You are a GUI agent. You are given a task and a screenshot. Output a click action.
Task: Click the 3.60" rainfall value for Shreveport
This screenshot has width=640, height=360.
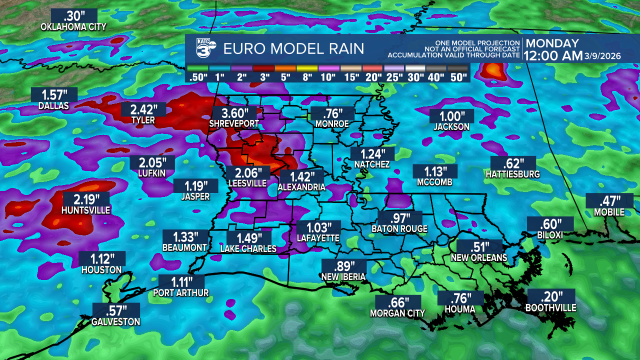pos(235,113)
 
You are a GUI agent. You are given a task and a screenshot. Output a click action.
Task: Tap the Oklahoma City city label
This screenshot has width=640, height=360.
pos(73,26)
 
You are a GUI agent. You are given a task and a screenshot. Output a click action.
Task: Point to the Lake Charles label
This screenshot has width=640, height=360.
pos(248,248)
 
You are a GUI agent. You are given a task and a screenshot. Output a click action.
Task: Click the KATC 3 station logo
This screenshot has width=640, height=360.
pos(203,48)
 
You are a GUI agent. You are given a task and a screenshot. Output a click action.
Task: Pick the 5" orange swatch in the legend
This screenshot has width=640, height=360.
pos(285,68)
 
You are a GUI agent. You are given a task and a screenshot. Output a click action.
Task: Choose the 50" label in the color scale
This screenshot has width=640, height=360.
pos(458,77)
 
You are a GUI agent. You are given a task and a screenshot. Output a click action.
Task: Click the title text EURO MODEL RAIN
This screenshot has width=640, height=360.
pos(293,49)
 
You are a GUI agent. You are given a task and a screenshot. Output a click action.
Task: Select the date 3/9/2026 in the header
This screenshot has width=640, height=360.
pos(602,56)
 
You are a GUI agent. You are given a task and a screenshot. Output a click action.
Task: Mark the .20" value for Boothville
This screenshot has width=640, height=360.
pos(550,295)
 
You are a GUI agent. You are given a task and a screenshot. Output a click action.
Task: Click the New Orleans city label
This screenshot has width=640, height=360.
pos(479,258)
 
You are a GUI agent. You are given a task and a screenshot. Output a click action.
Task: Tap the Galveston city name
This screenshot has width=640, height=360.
pos(115,322)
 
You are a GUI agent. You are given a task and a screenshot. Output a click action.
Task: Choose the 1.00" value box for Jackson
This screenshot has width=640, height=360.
pos(451,115)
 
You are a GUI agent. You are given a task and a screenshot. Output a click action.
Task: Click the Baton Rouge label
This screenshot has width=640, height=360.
pos(399,229)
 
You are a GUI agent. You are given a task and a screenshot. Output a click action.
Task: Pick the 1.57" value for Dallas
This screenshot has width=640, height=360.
pos(54,94)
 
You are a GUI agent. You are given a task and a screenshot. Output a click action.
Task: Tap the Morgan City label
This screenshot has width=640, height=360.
pos(397,313)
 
